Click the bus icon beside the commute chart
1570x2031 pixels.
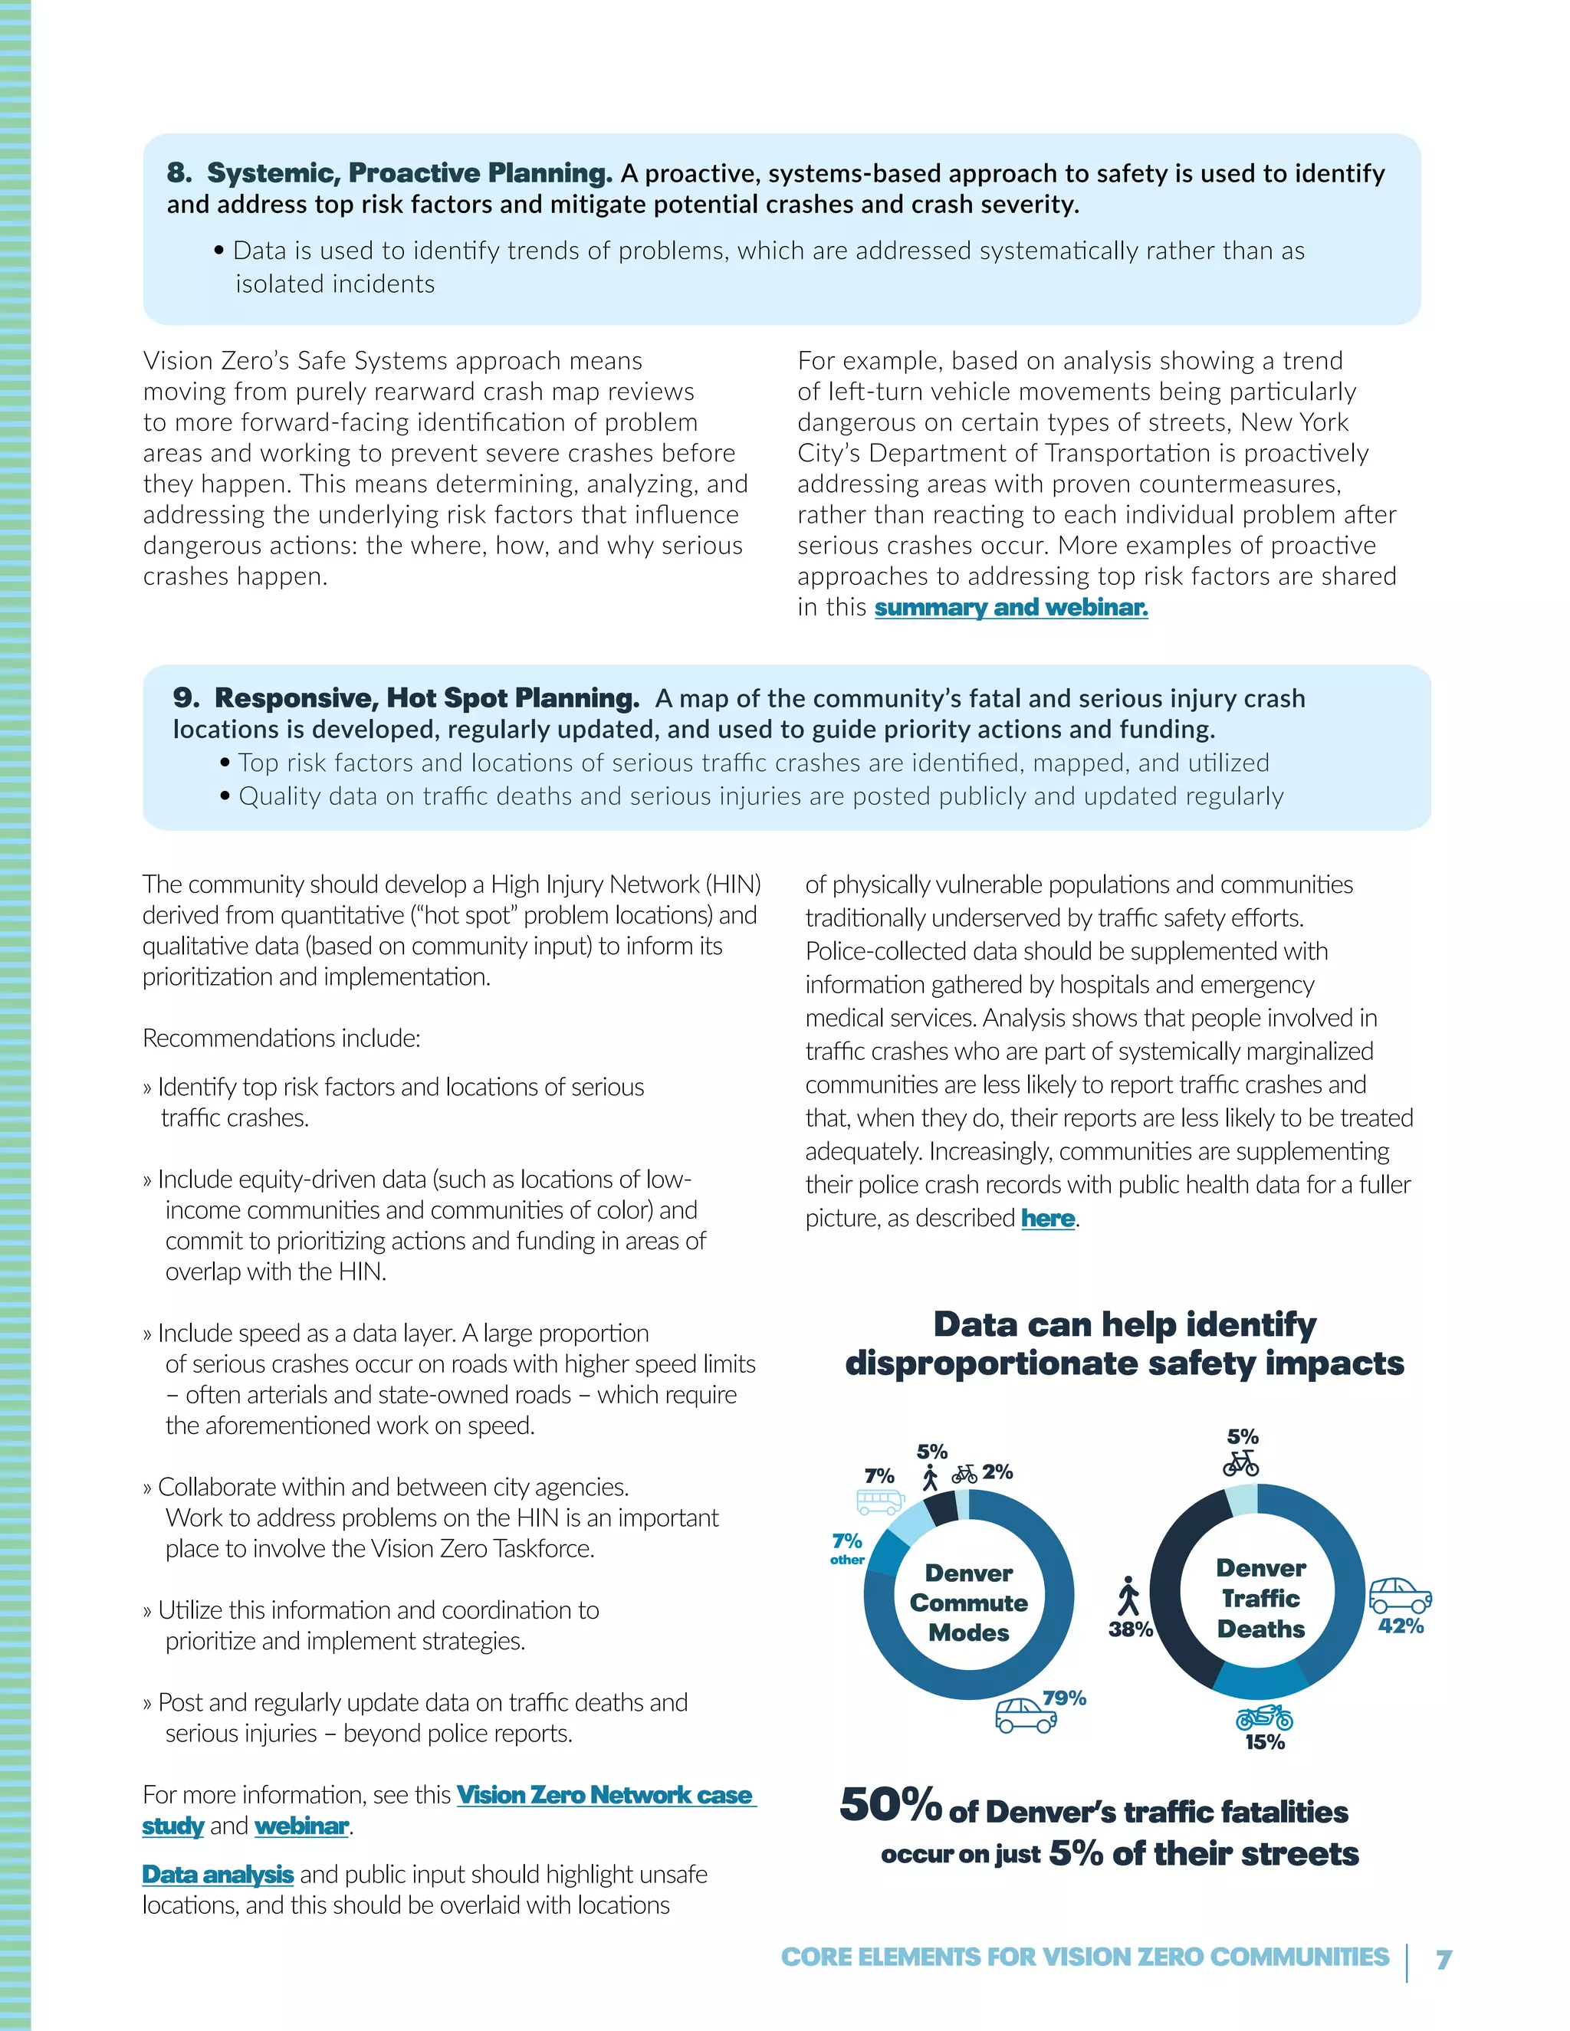point(880,1501)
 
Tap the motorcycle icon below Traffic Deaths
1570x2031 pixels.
point(1264,1716)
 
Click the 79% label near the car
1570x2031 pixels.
point(1064,1698)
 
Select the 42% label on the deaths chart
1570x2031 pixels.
point(1401,1626)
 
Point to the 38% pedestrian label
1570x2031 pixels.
point(1130,1629)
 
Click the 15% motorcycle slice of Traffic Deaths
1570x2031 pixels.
point(1260,1678)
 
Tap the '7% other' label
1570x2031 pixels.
point(847,1547)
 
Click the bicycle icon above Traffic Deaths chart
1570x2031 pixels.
point(1241,1464)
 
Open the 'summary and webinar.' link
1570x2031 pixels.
point(1011,607)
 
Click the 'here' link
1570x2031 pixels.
point(1047,1219)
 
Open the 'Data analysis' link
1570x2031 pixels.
point(218,1874)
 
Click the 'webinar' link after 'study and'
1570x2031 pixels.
point(301,1826)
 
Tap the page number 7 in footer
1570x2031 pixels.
point(1444,1960)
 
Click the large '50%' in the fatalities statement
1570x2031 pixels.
point(890,1805)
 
